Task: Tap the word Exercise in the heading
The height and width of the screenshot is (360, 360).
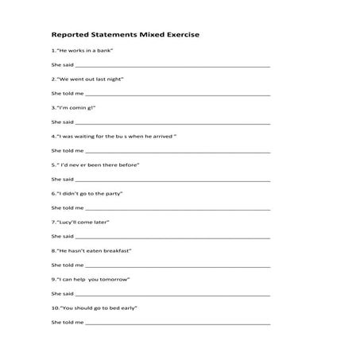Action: click(179, 35)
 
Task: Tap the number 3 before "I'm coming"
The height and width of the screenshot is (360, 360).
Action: click(52, 107)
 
